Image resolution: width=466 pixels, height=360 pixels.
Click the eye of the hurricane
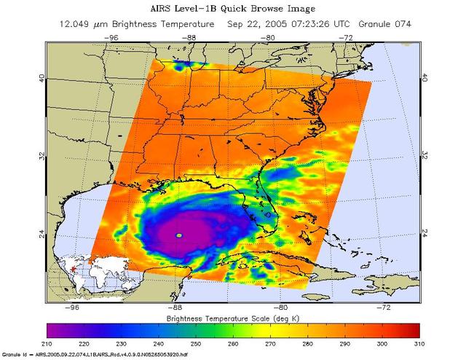[179, 235]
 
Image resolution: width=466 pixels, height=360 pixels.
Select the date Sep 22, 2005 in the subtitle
[256, 23]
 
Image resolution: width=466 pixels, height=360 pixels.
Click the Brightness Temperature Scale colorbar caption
[233, 318]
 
